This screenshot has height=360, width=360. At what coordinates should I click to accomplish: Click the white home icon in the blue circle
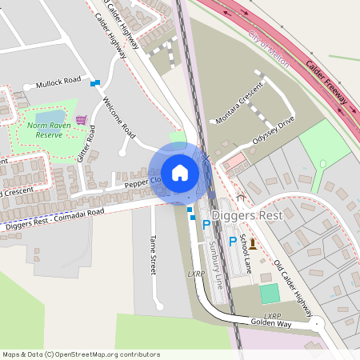pyautogui.click(x=179, y=172)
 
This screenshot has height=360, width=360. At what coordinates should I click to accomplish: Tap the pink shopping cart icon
pyautogui.click(x=80, y=120)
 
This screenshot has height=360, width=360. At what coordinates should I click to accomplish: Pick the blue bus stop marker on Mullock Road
pyautogui.click(x=95, y=82)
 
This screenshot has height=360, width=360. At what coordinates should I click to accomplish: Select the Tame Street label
pyautogui.click(x=153, y=254)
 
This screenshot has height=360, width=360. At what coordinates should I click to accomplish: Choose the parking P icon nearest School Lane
pyautogui.click(x=233, y=241)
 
